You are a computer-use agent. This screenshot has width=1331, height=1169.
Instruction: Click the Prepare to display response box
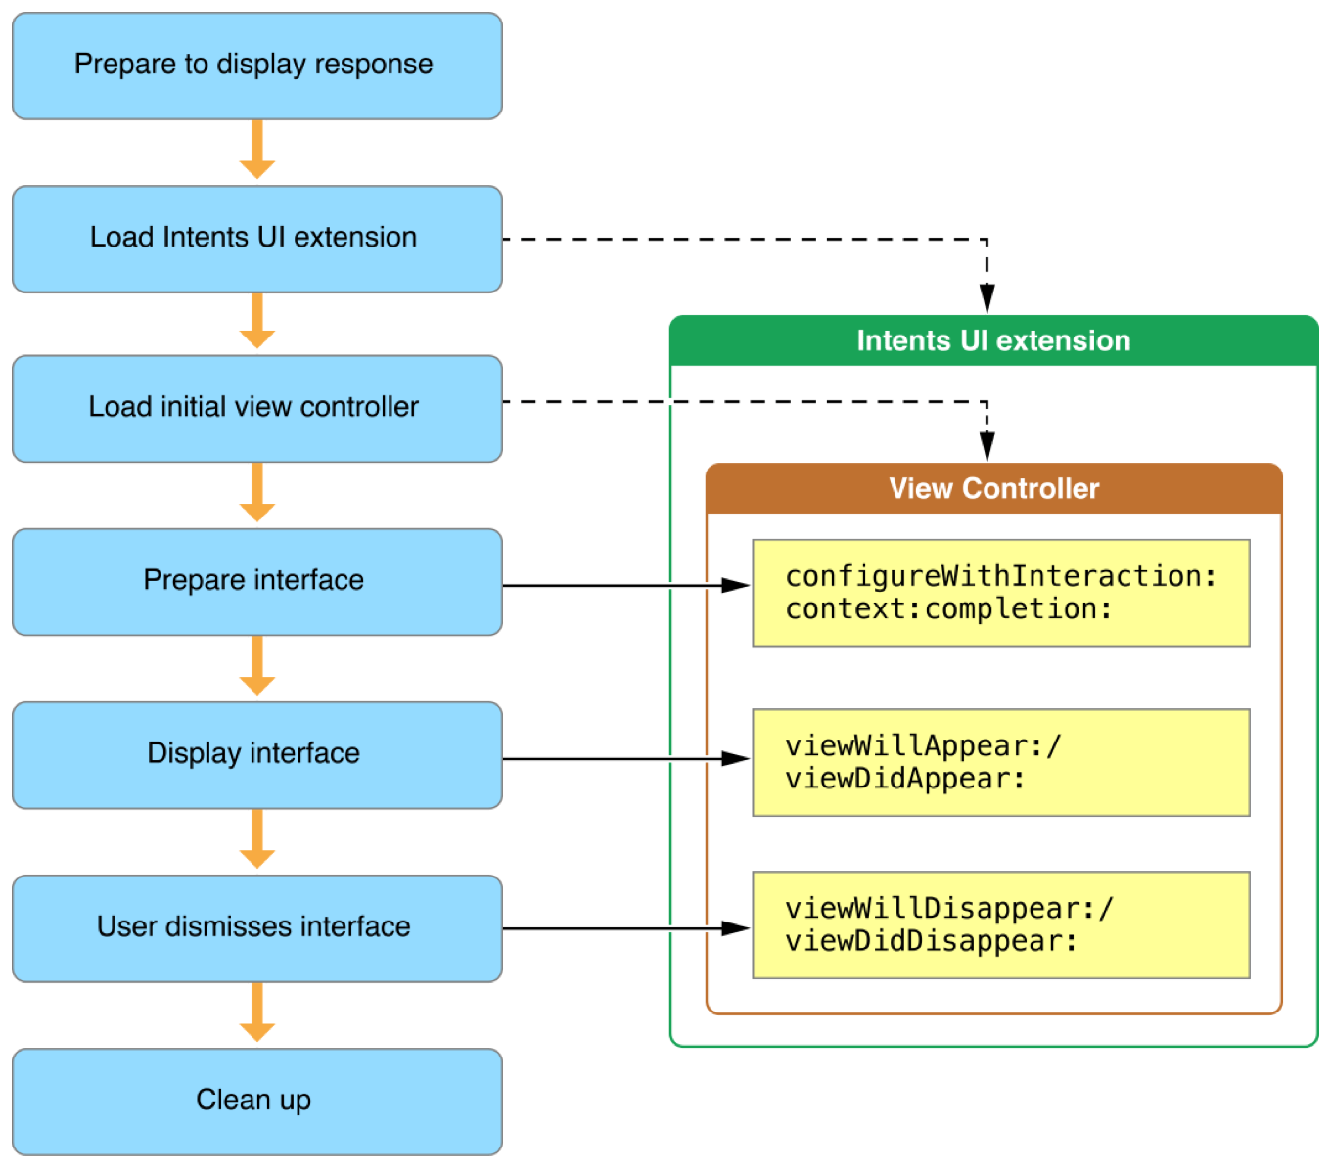tap(256, 66)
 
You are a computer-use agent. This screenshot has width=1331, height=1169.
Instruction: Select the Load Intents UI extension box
tap(256, 239)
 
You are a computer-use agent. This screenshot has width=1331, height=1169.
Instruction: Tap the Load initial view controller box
tap(256, 408)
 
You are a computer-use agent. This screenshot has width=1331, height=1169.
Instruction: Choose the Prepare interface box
tap(256, 582)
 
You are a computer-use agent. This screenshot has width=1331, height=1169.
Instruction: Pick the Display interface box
tap(256, 754)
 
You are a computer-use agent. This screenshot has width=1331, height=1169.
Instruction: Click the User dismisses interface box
tap(256, 928)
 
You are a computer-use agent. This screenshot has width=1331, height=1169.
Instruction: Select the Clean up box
tap(256, 1102)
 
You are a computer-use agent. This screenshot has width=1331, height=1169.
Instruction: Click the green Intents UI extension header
tap(993, 340)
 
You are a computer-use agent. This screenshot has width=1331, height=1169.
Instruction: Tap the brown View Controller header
tap(993, 488)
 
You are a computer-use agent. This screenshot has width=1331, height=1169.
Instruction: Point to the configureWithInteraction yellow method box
tap(1000, 593)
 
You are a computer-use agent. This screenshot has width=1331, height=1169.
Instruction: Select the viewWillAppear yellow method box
tap(1000, 762)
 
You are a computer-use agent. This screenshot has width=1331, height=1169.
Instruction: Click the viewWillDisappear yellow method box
tap(1000, 924)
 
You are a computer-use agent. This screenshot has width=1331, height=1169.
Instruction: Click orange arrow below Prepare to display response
tap(256, 152)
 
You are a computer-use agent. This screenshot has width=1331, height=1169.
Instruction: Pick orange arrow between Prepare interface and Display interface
tap(256, 667)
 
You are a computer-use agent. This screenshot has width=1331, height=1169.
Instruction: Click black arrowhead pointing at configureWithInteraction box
tap(735, 585)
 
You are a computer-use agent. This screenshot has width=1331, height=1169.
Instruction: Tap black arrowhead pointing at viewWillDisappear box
tap(735, 928)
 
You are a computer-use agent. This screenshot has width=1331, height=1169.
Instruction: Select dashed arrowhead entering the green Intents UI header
tap(987, 298)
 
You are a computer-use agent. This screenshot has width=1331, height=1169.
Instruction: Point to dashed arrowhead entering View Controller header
tap(987, 446)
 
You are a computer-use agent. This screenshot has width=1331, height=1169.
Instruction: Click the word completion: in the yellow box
tap(1018, 609)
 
